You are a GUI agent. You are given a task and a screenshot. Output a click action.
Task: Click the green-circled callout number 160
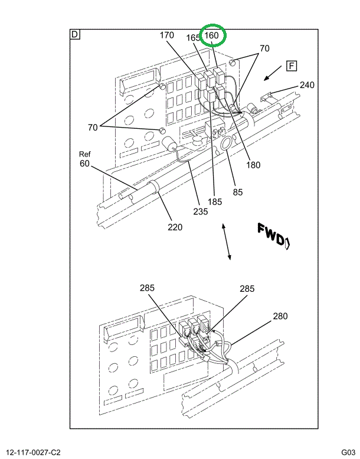pyautogui.click(x=212, y=36)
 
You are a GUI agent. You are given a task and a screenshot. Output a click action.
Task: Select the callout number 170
pyautogui.click(x=167, y=35)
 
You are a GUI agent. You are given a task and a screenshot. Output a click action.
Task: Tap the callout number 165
pyautogui.click(x=193, y=38)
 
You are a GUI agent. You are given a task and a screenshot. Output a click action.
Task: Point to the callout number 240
pyautogui.click(x=307, y=85)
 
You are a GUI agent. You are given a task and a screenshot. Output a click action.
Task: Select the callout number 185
pyautogui.click(x=215, y=201)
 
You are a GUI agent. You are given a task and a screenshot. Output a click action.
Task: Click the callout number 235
pyautogui.click(x=201, y=211)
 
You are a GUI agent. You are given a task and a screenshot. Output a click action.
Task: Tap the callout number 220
pyautogui.click(x=174, y=227)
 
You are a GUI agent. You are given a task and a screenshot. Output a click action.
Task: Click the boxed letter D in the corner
pyautogui.click(x=75, y=34)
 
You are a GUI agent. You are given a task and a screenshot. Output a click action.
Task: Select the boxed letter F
pyautogui.click(x=292, y=65)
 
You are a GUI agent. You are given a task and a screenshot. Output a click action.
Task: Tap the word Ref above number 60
pyautogui.click(x=86, y=154)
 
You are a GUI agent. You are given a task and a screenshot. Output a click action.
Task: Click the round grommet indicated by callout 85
pyautogui.click(x=225, y=144)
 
